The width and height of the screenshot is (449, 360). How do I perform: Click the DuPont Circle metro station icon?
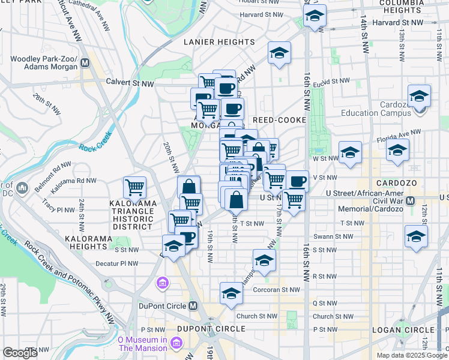193,305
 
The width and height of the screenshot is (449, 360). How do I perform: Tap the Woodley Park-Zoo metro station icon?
85,62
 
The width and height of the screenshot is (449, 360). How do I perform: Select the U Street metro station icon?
411,200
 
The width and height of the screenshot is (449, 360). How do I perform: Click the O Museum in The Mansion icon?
176,343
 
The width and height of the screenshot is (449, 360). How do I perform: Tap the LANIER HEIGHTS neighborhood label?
220,42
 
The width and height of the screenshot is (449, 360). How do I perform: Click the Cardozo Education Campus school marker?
419,96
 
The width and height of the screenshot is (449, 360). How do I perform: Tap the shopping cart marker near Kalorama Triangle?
134,187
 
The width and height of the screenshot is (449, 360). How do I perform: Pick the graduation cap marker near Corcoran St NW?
231,293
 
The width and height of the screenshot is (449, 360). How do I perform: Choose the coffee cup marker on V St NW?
297,181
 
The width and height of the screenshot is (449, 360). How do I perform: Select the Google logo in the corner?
20,352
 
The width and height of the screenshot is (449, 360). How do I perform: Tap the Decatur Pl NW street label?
118,263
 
